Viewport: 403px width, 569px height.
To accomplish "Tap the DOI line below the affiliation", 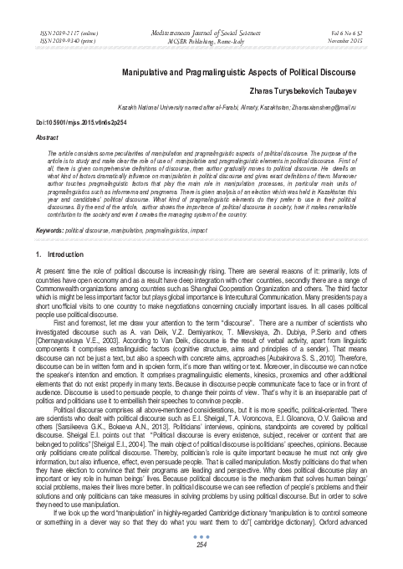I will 77,121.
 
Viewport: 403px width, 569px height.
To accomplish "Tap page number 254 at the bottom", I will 201,546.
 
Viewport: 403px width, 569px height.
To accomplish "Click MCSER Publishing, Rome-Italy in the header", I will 201,38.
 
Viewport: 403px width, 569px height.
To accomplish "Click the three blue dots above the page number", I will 201,536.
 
